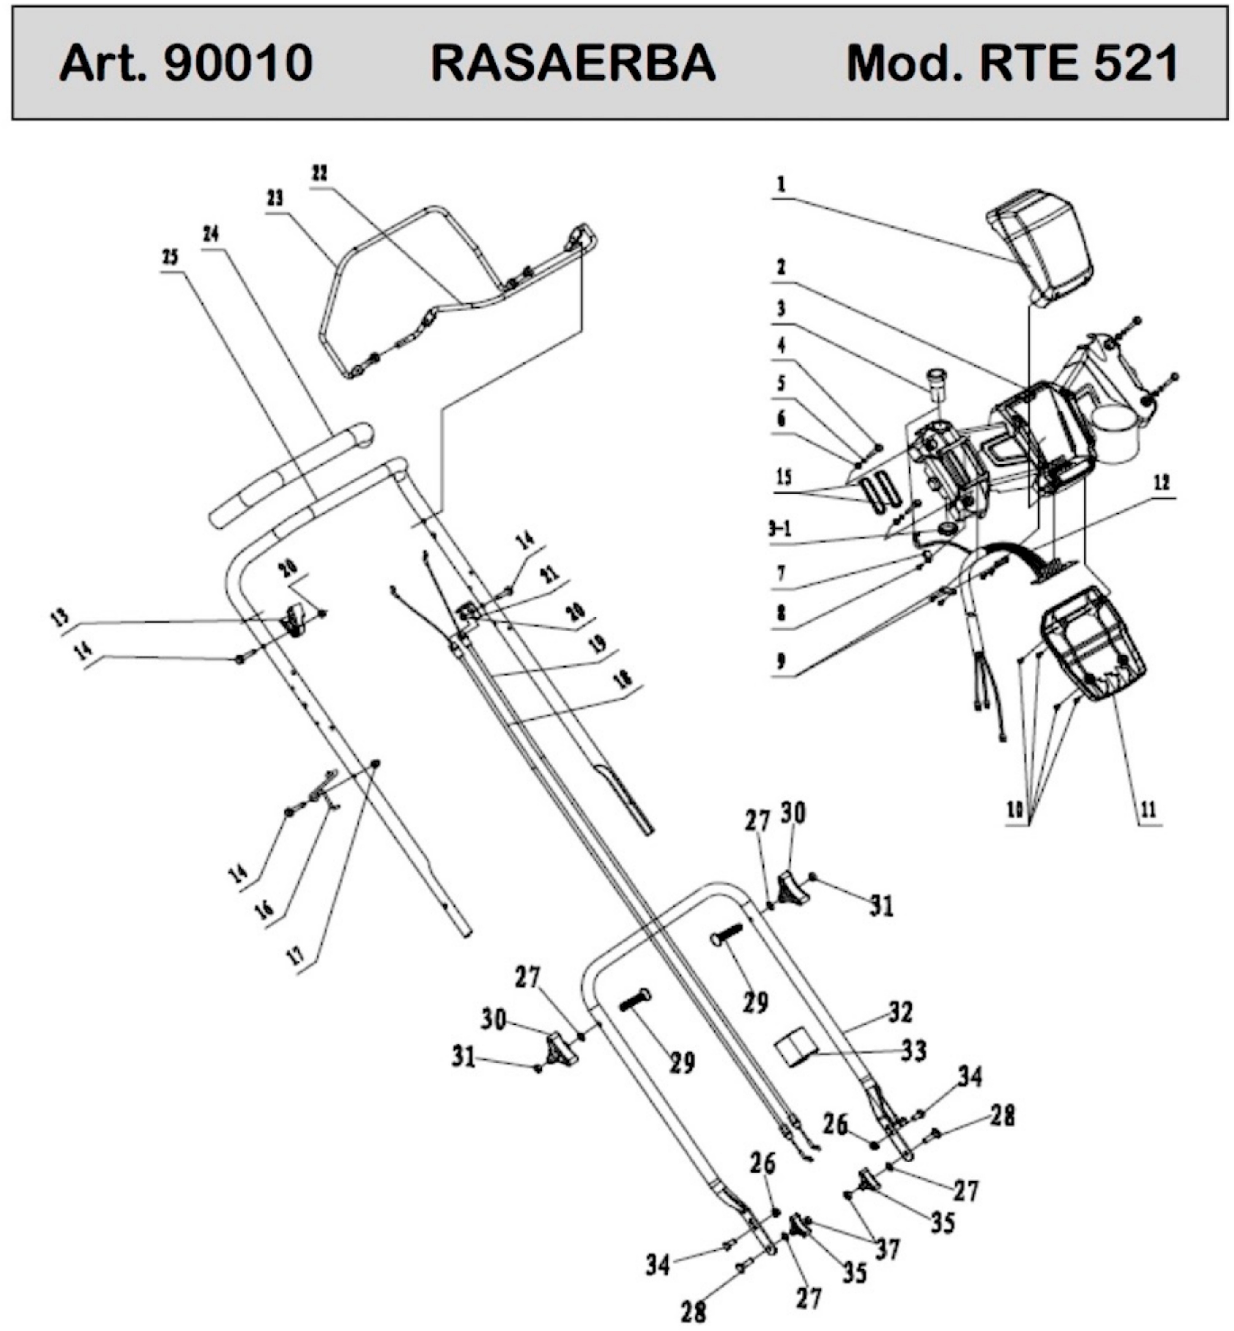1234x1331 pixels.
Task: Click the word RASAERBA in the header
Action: [573, 64]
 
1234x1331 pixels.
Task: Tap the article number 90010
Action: [239, 64]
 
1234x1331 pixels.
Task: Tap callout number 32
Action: [901, 1012]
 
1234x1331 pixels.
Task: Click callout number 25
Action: [171, 256]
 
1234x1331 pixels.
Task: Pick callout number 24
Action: [211, 234]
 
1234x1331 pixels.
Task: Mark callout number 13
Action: [60, 617]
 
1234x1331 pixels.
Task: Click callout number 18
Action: [622, 679]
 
